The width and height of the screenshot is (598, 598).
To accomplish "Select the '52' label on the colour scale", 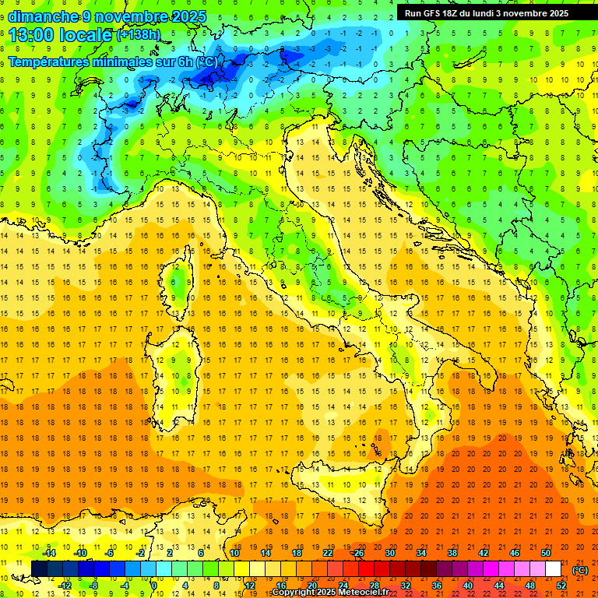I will (x=562, y=586).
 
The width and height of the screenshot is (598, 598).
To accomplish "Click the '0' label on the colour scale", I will (x=154, y=586).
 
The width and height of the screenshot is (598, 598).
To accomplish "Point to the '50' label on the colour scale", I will (x=547, y=553).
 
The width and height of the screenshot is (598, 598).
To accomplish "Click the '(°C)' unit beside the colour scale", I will (x=580, y=570).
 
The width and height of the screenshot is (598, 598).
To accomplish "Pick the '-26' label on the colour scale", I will (x=357, y=553).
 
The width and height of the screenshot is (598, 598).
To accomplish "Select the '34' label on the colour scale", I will (x=421, y=553).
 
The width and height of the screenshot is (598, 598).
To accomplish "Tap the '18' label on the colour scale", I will (x=297, y=553).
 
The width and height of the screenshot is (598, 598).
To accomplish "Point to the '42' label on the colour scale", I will (x=484, y=553).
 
